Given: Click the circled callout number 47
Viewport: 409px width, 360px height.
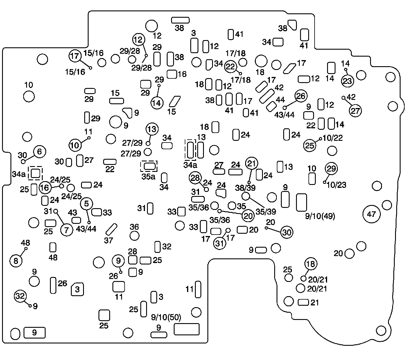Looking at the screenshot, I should coord(372,214).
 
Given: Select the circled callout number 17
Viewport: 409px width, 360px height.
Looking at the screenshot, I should coord(75,56).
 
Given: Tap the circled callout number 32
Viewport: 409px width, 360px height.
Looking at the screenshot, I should coord(20,296).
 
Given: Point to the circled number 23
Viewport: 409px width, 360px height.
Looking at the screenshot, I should coord(347,81).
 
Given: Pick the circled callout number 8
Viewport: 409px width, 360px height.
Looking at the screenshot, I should coord(16,261).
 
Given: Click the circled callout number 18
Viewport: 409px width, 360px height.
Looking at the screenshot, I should coord(311,264).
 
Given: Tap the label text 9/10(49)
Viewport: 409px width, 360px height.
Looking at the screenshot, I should coord(320,216).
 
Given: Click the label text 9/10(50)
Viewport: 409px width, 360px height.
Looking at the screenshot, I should coord(166,317).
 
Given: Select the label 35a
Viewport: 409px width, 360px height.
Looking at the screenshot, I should coord(148,176).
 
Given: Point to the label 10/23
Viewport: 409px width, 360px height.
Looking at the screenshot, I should coord(336,185).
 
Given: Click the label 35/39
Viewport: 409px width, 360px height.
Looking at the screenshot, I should coord(266,211).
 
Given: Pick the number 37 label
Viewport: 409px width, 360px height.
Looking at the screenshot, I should coord(108,240).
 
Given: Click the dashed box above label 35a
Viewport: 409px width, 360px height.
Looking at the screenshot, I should coord(149,166).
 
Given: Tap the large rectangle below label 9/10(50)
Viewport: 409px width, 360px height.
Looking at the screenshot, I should coord(186,329).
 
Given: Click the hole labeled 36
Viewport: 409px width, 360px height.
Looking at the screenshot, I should coord(134,235).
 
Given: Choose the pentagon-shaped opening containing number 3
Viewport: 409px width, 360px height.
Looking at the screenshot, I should coord(77,289).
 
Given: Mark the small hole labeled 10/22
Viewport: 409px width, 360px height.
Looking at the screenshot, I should coord(321,139).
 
